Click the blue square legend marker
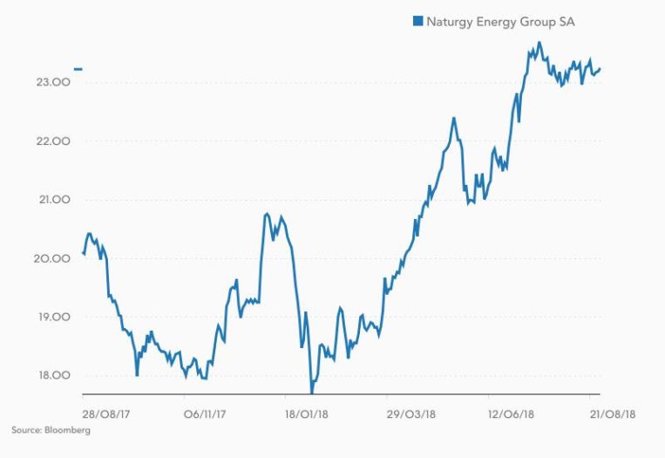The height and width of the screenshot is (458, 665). (417, 20)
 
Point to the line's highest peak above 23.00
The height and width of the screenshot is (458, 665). (539, 42)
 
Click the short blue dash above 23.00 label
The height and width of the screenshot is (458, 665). (78, 68)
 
